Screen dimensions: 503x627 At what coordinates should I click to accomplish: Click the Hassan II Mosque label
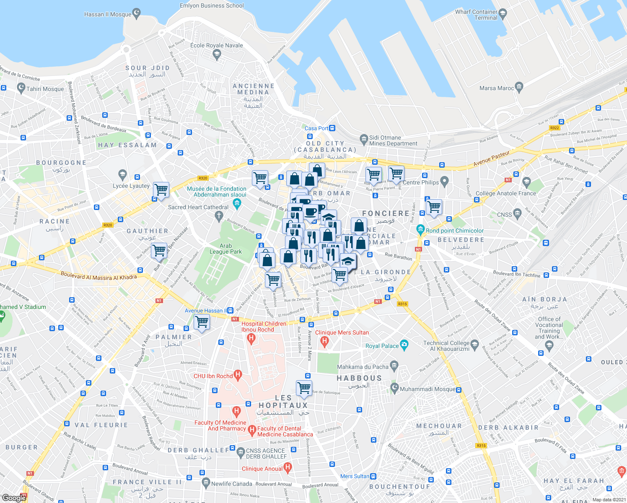pos(108,14)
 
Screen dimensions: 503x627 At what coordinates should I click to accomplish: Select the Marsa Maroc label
pos(496,88)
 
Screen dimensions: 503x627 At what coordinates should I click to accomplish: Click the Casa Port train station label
pos(316,128)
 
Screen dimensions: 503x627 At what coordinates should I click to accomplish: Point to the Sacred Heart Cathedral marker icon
pos(218,216)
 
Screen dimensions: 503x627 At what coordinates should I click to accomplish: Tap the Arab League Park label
pos(225,249)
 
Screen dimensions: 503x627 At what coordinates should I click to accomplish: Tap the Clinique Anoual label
pos(262,469)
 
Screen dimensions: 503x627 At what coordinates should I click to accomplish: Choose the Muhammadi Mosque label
pos(427,389)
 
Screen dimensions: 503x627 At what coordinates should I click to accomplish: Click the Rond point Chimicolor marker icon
pos(420,230)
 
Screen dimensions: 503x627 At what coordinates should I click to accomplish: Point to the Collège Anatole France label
pos(506,193)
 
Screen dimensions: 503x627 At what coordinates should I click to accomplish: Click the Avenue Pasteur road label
pos(492,158)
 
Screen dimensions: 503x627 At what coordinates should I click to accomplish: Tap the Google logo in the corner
pos(14,498)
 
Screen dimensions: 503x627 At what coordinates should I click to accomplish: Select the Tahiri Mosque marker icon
pos(21,88)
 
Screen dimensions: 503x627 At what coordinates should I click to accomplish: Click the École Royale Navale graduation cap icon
pos(217,54)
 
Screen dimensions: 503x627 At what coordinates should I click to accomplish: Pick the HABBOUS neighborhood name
pos(359,378)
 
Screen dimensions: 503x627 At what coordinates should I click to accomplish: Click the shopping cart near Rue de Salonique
pos(304,387)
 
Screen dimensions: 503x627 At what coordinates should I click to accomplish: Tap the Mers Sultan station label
pos(355,476)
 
